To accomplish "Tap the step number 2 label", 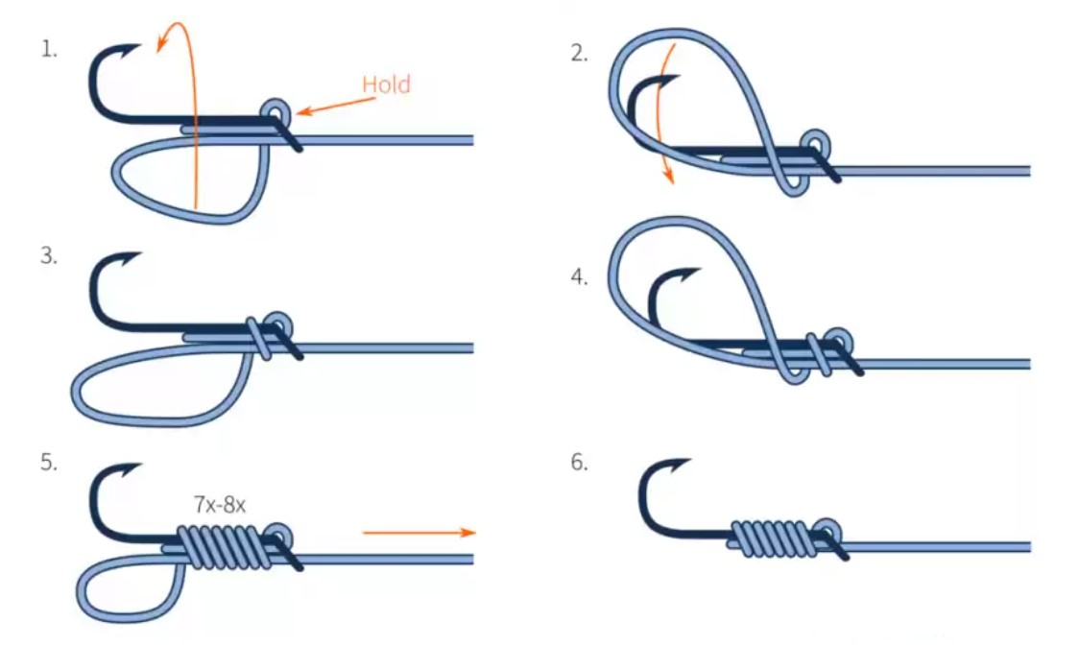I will (x=578, y=53).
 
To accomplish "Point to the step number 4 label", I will (x=578, y=277).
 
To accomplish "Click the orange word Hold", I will (x=386, y=84).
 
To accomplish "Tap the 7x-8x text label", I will (x=220, y=503).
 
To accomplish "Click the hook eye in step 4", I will (x=835, y=340).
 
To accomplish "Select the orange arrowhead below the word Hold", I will (x=300, y=113).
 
